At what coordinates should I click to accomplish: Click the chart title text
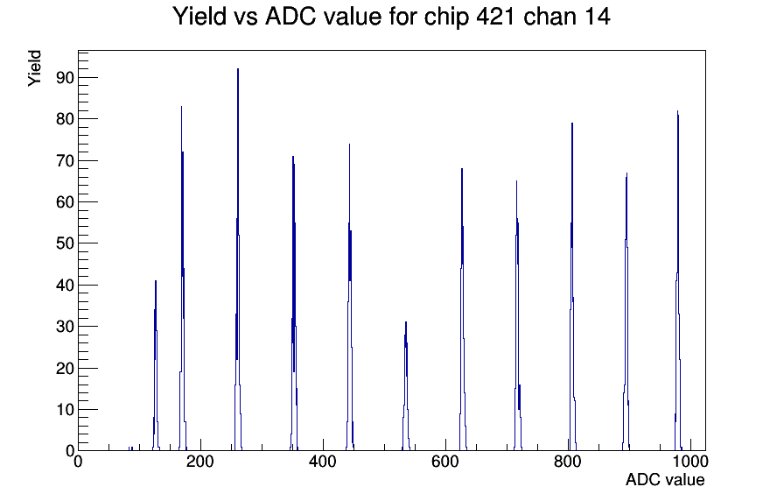coord(391,17)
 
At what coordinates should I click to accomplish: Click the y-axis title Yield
coord(34,68)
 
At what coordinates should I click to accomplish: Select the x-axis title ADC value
coord(665,479)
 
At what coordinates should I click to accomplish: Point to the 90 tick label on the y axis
coord(66,78)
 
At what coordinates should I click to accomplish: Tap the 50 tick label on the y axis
coord(66,243)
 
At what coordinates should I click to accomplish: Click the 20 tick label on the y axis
coord(66,369)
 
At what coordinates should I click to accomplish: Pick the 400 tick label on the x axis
coord(323,461)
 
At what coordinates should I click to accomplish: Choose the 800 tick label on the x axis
coord(568,461)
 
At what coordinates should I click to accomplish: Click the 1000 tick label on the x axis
coord(690,461)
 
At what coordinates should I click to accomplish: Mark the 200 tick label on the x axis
coord(200,461)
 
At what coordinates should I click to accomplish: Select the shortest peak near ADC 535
coord(406,386)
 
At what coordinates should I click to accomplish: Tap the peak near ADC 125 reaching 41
coord(156,365)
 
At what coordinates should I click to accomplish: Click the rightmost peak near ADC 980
coord(678,280)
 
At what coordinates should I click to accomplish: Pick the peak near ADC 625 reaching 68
coord(463,309)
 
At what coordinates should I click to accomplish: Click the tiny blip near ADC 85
coord(130,448)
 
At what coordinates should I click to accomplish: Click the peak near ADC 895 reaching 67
coord(626,311)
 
